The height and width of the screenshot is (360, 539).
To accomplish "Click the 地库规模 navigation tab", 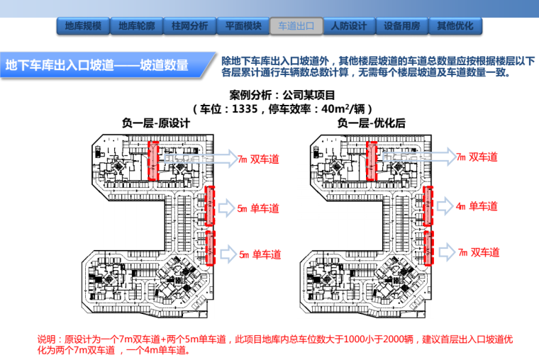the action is point(83,26).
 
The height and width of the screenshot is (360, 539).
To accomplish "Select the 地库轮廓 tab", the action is point(137,26).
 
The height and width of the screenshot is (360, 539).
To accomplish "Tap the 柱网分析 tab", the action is point(189,26).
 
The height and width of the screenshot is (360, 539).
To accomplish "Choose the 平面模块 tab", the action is point(243,26).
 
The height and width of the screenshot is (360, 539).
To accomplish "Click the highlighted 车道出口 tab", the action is point(296,26).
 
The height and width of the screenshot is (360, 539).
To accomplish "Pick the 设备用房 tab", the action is point(402,26).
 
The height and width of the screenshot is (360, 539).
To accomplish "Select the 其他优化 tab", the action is point(455,26).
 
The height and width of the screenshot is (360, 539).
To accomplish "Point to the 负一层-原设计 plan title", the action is point(153,123).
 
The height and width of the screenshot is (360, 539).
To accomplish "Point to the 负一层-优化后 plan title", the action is point(372,123).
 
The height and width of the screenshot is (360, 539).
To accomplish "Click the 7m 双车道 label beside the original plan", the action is point(258,159).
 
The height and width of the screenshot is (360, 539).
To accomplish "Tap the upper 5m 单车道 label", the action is point(258,208).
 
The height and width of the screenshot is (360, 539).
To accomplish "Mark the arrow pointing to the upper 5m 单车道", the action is point(226,208).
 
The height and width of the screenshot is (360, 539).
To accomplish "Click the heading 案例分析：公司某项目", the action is point(282,95).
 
